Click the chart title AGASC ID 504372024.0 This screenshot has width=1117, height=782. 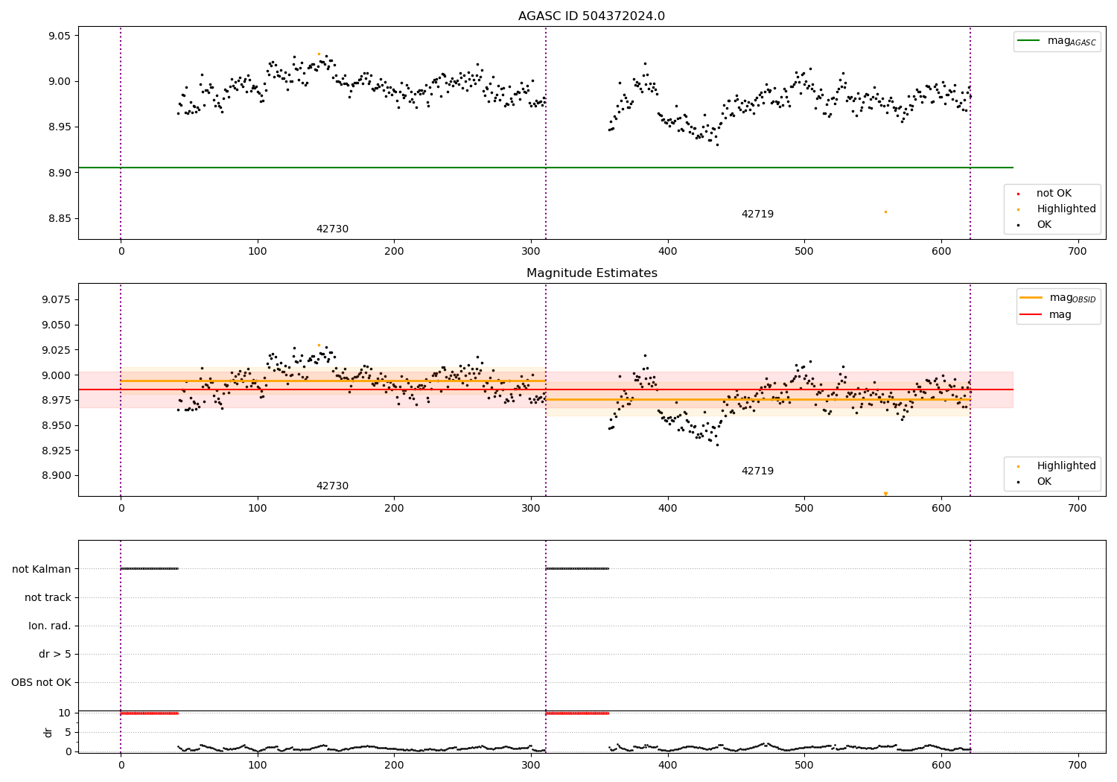[x=591, y=16]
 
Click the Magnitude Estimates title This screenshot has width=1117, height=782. [x=591, y=273]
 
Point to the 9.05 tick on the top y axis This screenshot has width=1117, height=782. [x=58, y=36]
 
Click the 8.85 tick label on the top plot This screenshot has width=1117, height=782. [x=58, y=219]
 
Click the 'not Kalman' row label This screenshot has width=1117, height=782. [x=42, y=569]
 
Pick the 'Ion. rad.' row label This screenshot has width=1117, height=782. [x=50, y=626]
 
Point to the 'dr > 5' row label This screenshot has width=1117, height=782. [x=55, y=655]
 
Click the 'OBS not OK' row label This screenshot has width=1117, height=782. [x=41, y=683]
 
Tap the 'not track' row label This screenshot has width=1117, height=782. [x=48, y=597]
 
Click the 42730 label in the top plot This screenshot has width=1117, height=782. [x=332, y=229]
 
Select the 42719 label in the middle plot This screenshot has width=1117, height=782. [x=757, y=471]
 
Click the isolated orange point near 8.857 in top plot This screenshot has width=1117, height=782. [x=885, y=212]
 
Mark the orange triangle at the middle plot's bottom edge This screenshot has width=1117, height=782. [x=885, y=494]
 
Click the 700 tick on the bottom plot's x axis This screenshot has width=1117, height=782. [x=1078, y=765]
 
